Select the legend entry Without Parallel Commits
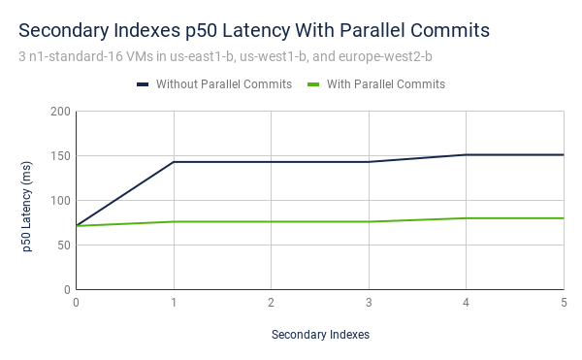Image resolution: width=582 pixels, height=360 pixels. click(x=223, y=84)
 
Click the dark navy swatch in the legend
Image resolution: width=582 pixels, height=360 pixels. click(x=143, y=84)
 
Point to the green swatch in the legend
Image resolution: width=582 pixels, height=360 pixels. click(x=313, y=84)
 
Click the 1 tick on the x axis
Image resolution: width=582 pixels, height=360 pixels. click(x=174, y=302)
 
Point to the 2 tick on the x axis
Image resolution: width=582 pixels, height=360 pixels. click(x=272, y=302)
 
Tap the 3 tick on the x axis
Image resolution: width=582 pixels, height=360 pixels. click(x=369, y=302)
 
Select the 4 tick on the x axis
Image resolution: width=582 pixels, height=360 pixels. click(x=467, y=302)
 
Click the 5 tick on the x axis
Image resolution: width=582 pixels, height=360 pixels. click(x=564, y=302)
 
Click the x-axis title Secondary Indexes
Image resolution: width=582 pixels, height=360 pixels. click(x=320, y=335)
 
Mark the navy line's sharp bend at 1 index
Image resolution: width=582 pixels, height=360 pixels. click(x=174, y=162)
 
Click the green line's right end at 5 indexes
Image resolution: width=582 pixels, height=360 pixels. click(x=564, y=218)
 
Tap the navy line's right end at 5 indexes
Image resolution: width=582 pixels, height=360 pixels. click(x=564, y=154)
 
